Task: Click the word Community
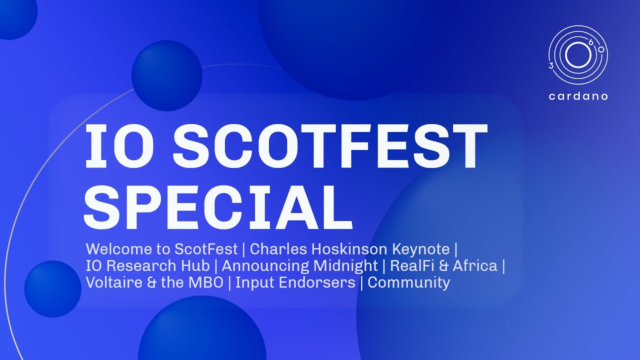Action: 408,282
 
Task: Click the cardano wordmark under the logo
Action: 578,96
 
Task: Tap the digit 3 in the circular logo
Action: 551,65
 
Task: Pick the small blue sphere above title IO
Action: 166,75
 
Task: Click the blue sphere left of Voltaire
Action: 52,289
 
